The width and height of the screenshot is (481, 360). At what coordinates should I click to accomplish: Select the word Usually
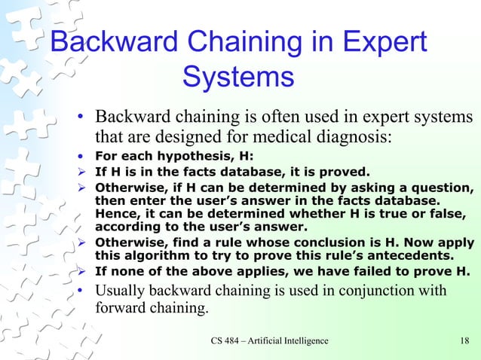[x=123, y=291]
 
